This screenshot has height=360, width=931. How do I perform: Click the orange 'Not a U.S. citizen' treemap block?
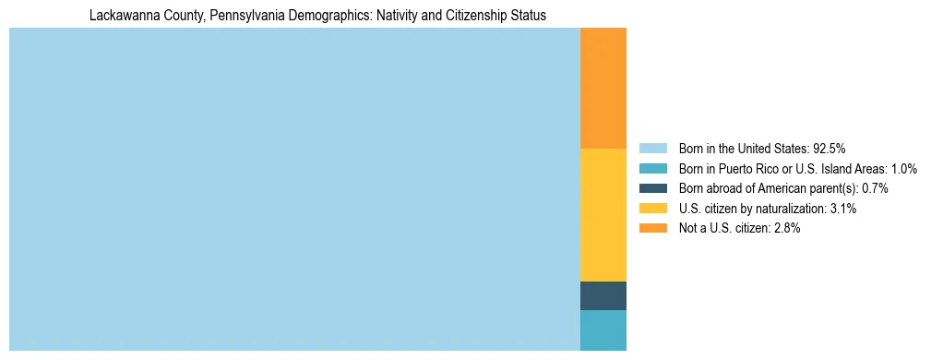click(603, 89)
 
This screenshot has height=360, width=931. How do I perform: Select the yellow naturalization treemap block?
click(603, 214)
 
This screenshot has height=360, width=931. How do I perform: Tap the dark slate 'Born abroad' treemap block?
click(603, 295)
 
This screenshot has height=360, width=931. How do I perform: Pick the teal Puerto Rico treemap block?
click(603, 330)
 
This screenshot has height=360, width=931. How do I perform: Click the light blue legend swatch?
click(652, 148)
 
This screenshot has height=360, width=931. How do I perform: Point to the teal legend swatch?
click(652, 168)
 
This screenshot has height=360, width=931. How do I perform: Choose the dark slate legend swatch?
click(652, 188)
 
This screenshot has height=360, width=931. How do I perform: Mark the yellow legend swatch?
click(652, 209)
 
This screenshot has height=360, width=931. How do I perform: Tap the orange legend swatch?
click(652, 228)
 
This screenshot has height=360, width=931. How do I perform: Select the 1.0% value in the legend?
click(902, 168)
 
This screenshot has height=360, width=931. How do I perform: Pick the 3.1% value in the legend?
click(842, 209)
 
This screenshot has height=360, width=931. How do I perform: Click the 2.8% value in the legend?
click(786, 228)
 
